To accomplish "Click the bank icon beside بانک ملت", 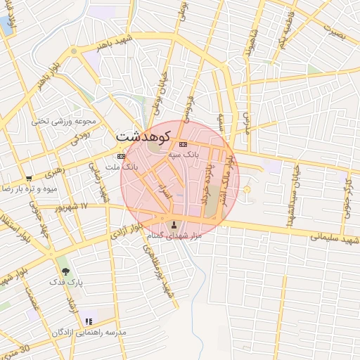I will [121, 156].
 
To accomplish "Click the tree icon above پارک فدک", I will [65, 269].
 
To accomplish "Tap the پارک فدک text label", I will [66, 282].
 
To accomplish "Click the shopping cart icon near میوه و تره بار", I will [28, 179].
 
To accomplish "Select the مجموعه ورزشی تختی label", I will [58, 121].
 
